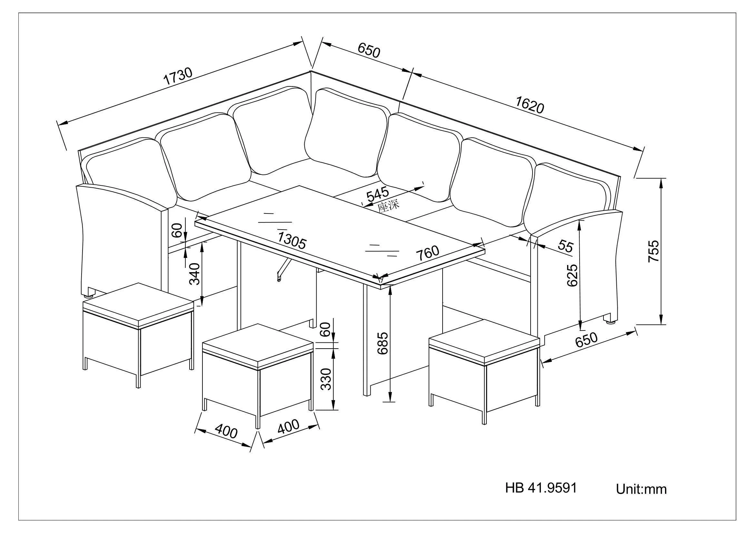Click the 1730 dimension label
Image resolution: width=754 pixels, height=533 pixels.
pos(178,76)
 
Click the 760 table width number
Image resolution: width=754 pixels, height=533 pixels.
pos(427,252)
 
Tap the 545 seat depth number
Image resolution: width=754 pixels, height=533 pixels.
pos(377,194)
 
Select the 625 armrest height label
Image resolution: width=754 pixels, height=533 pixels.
pos(572,275)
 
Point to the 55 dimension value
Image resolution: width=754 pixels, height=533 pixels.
pos(565,246)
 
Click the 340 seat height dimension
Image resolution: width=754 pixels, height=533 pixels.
pos(195,273)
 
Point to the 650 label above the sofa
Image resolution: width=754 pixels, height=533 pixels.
pos(368,51)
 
